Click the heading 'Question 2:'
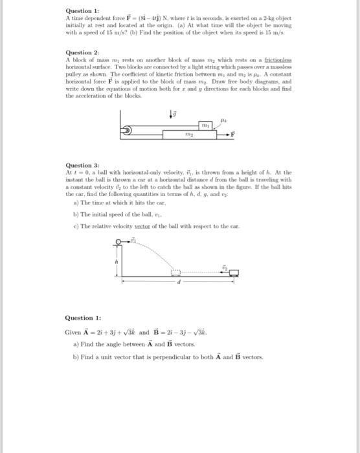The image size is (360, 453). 82,51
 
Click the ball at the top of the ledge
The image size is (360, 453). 118,241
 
